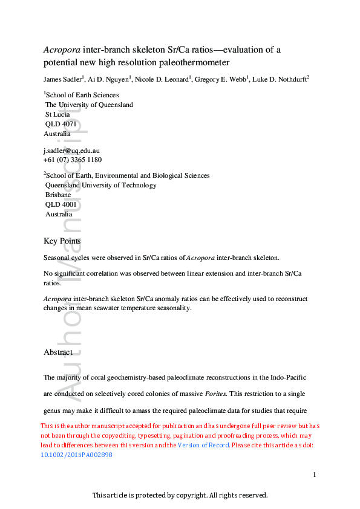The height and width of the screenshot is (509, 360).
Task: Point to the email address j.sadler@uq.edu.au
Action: tap(71, 150)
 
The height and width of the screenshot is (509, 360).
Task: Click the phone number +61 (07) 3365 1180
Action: tap(73, 160)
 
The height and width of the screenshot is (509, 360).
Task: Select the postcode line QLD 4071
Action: tap(61, 124)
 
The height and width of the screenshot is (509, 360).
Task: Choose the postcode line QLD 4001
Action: tap(61, 204)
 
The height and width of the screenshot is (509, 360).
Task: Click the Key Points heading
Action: tap(62, 241)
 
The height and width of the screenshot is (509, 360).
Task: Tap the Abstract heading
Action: tap(58, 352)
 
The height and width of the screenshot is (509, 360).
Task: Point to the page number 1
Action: tap(315, 475)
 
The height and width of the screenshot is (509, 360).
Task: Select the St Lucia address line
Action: tap(57, 114)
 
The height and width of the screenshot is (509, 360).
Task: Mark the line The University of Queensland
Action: tap(89, 105)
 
